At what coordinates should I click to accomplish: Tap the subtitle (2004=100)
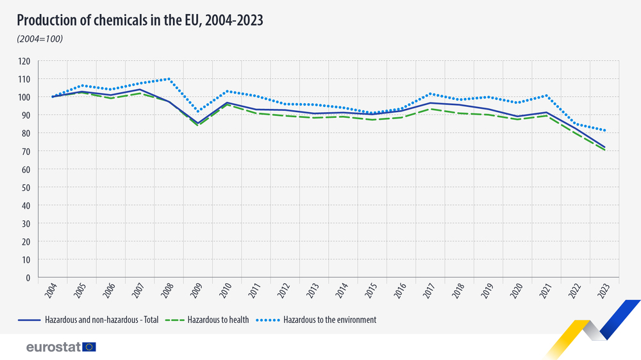(x=40, y=40)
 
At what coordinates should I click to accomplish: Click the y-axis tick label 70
(x=26, y=152)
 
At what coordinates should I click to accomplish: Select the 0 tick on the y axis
(x=28, y=278)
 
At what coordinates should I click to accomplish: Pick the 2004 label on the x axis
(x=52, y=291)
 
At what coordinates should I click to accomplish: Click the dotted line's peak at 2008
(x=169, y=79)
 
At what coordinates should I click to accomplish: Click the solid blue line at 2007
(x=140, y=90)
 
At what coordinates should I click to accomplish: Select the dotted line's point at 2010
(x=227, y=91)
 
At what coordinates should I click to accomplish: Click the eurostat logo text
(x=53, y=347)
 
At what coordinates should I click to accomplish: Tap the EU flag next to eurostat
(x=89, y=347)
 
